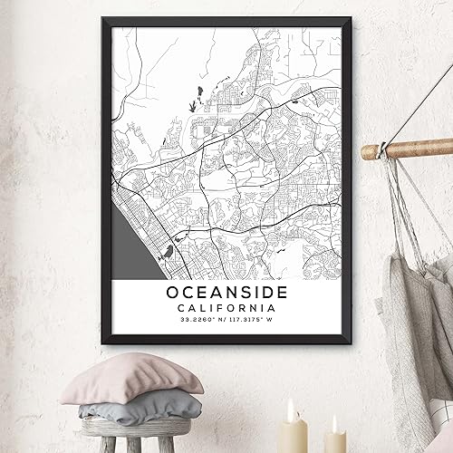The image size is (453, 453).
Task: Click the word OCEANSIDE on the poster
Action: tap(226, 293)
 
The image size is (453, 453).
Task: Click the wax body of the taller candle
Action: tap(293, 435)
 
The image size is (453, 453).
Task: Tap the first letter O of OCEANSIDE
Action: tap(172, 293)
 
